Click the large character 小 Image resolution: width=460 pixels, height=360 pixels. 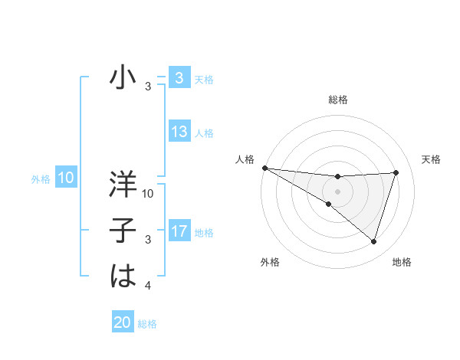point(123,78)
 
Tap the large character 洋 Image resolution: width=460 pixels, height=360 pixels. point(123,185)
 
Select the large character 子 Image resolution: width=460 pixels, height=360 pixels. point(123,231)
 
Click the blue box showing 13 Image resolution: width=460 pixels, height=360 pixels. point(179,132)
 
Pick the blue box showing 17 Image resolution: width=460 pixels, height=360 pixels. point(179,231)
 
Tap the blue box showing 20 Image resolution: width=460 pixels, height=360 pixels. point(123,322)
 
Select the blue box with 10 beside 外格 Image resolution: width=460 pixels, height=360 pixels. point(65,178)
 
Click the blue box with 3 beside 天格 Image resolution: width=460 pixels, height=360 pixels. point(179,78)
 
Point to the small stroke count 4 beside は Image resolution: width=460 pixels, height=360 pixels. point(148,286)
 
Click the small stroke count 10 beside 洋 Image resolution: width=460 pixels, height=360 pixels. point(148,195)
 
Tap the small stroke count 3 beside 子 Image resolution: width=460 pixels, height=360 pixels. point(148,241)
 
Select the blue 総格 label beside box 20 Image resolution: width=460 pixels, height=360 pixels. point(147,324)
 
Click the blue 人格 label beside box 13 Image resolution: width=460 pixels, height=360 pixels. point(204,133)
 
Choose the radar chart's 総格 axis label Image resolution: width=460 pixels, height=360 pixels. point(337,100)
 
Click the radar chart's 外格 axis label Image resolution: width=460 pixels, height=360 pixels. point(270,262)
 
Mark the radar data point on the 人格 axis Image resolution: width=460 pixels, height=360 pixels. point(264,168)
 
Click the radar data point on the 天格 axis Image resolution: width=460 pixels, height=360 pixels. point(396,172)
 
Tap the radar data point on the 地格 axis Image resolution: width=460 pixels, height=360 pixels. point(373,242)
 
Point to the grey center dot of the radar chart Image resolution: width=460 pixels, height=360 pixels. point(337,191)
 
